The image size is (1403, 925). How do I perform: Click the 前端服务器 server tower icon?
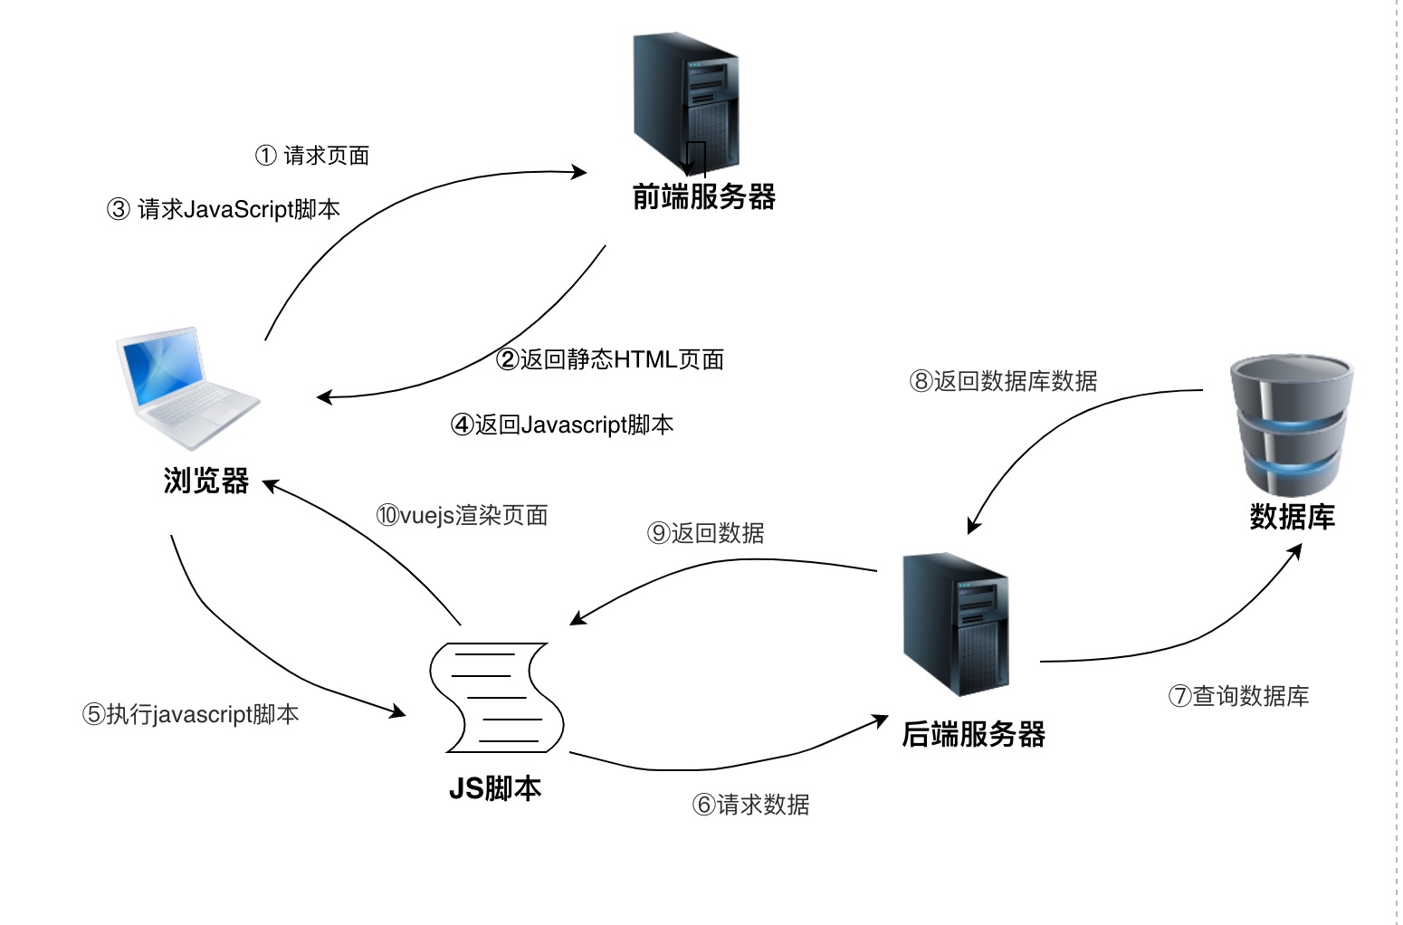[x=685, y=102]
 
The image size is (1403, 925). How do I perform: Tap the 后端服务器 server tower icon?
[x=956, y=624]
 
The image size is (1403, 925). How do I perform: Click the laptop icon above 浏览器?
[x=186, y=387]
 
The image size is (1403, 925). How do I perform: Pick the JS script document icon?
[x=496, y=697]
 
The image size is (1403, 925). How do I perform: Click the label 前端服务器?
[x=703, y=196]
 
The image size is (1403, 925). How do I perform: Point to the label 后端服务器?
[x=973, y=734]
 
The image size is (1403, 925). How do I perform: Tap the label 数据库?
[x=1292, y=517]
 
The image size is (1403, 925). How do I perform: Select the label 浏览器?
[x=205, y=481]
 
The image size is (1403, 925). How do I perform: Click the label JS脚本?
[x=495, y=788]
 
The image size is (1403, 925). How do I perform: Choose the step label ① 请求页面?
[x=312, y=156]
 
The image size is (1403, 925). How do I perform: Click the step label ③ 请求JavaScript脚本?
[x=224, y=210]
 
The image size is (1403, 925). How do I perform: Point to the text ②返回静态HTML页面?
[x=610, y=359]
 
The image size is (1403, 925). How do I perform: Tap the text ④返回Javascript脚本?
[x=562, y=424]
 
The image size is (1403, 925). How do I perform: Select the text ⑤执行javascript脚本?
[x=190, y=714]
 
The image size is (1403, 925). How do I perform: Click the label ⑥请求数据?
[x=750, y=805]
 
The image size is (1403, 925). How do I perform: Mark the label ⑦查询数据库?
[x=1238, y=696]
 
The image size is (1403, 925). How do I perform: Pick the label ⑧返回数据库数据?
[x=1003, y=381]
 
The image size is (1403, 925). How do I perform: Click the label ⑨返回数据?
[x=706, y=533]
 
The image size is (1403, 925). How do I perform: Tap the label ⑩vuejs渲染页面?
[x=463, y=516]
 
